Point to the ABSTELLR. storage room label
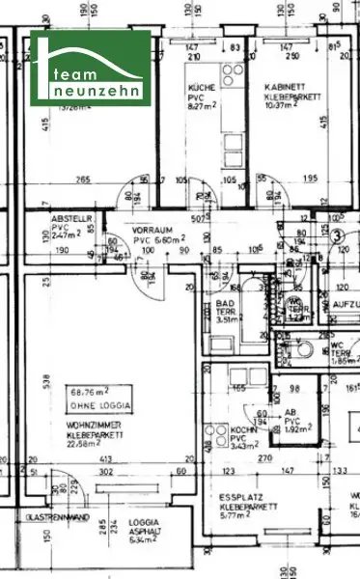(x=71, y=219)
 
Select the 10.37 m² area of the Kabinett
(x=285, y=105)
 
